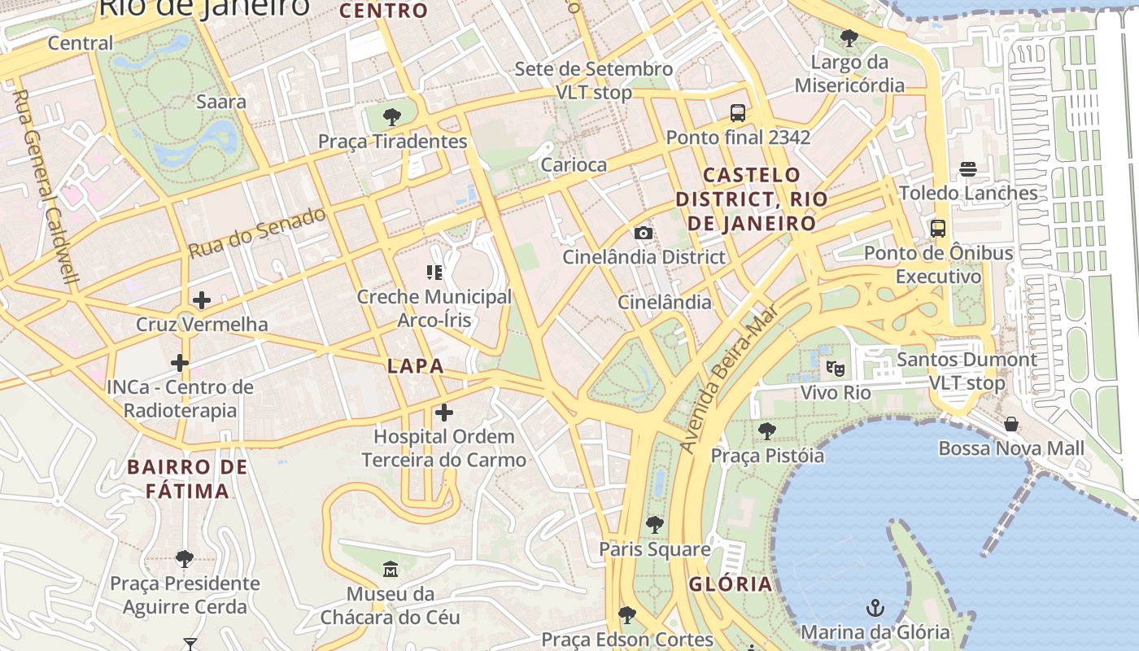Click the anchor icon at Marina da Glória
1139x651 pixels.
[875, 608]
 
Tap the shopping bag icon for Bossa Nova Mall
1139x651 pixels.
[1010, 424]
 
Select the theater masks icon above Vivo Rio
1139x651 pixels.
[835, 369]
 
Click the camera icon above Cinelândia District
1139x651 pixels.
[644, 234]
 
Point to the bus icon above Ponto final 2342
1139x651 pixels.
[738, 113]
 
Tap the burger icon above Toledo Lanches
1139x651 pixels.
[967, 169]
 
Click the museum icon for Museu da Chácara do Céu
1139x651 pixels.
[390, 570]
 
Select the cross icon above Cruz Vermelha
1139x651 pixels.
[201, 300]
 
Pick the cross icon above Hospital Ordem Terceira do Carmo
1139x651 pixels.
[443, 413]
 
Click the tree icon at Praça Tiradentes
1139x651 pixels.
[391, 117]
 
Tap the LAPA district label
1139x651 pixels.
[416, 366]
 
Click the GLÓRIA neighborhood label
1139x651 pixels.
[731, 584]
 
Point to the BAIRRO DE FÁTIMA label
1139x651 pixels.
[188, 479]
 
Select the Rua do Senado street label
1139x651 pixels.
[257, 233]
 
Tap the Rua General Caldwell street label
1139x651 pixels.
[46, 186]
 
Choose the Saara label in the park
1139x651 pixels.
[221, 102]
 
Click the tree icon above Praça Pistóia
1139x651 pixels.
[766, 431]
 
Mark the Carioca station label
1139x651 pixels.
[574, 165]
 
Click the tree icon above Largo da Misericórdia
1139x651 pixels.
[849, 37]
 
